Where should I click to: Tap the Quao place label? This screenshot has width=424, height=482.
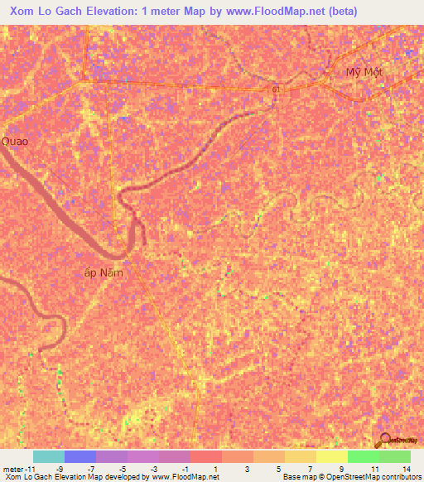(15, 141)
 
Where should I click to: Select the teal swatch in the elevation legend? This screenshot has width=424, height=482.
(49, 456)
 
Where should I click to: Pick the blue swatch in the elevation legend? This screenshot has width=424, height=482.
(80, 456)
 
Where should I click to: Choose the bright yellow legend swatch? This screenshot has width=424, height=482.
(331, 456)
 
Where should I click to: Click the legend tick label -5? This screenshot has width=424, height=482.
(122, 468)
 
